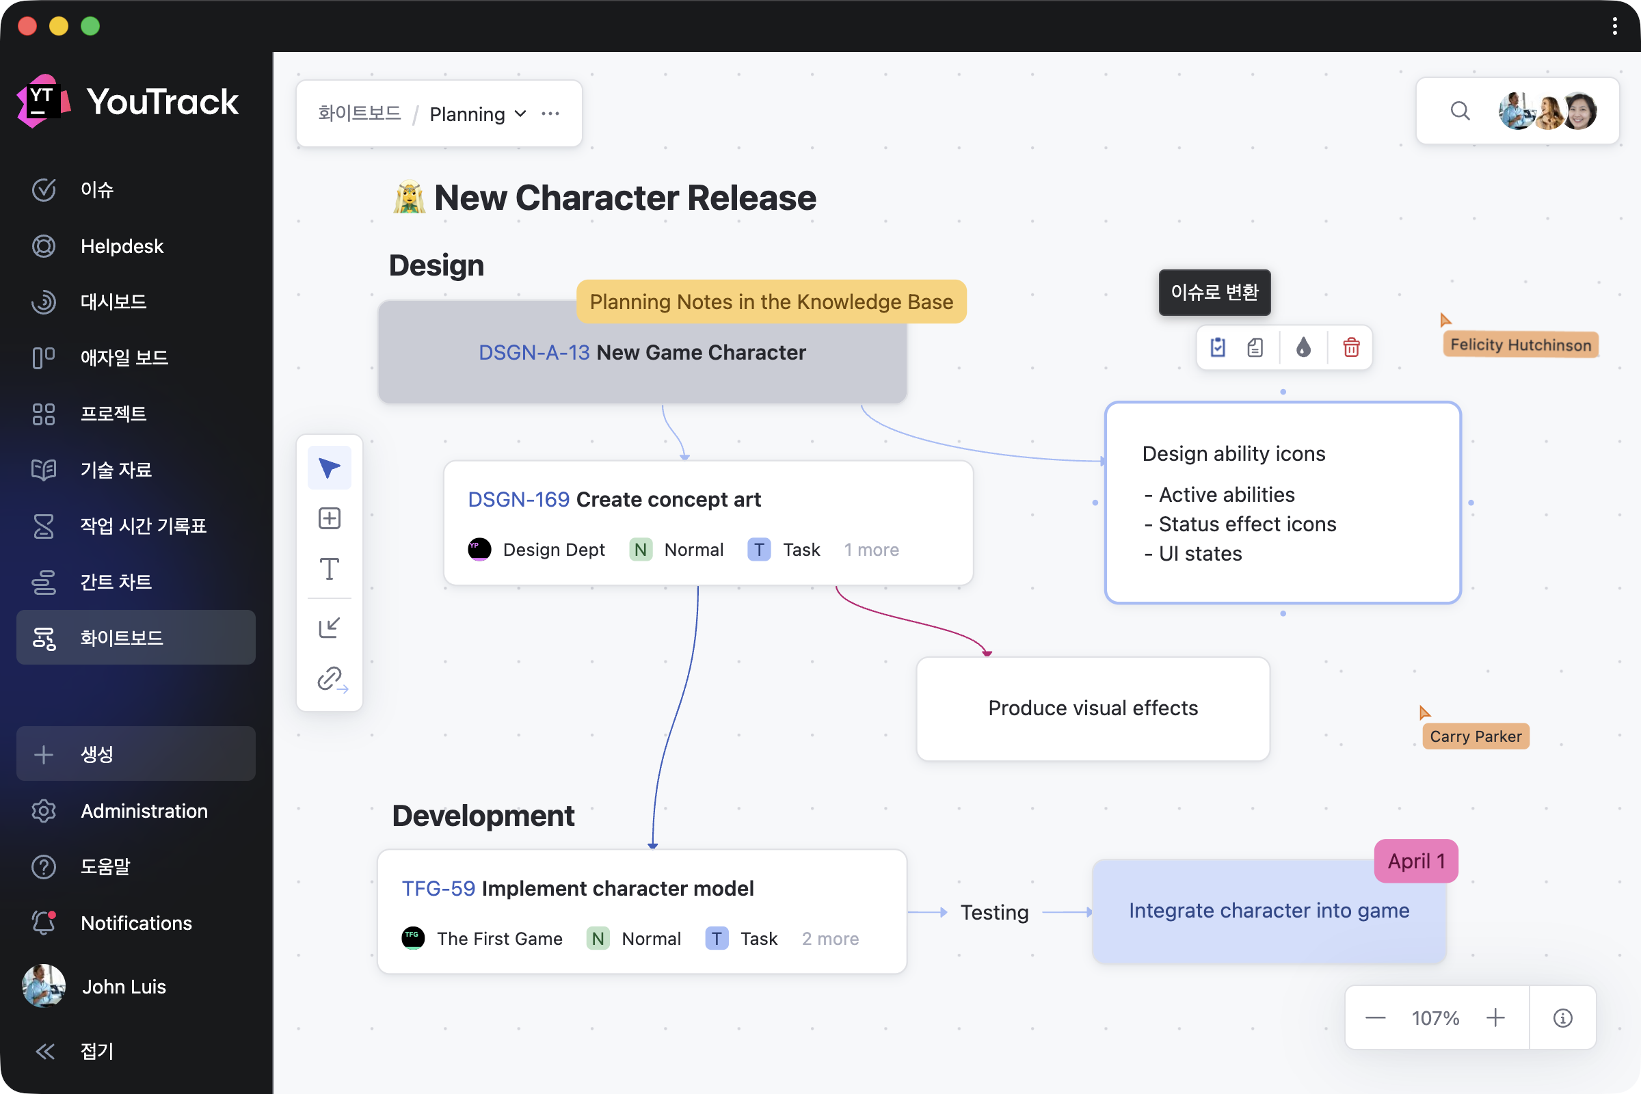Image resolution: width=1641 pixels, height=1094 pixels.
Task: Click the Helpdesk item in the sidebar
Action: click(x=122, y=245)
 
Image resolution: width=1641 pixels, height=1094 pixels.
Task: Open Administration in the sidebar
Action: click(x=144, y=811)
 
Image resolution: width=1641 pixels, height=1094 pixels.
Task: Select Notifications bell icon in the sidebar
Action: click(x=44, y=922)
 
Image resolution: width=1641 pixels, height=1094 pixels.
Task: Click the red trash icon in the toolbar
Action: click(x=1352, y=347)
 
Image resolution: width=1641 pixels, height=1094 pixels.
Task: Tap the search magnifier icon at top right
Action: click(x=1460, y=111)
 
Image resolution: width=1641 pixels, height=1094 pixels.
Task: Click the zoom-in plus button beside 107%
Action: click(x=1495, y=1017)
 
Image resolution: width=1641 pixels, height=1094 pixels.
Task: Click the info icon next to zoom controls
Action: click(x=1563, y=1018)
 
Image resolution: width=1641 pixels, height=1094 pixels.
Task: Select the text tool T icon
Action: click(x=330, y=570)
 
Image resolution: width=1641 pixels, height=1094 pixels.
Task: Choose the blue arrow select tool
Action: click(x=330, y=468)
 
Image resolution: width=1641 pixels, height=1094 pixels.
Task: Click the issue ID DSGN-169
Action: click(x=518, y=500)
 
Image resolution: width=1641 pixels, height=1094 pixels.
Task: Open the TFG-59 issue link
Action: click(x=438, y=888)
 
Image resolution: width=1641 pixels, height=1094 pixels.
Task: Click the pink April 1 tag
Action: click(x=1415, y=861)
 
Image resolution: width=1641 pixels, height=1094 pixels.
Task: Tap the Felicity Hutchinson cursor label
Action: click(x=1520, y=345)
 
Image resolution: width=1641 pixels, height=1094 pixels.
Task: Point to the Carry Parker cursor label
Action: click(x=1476, y=736)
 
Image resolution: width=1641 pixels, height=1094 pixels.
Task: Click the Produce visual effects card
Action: click(x=1093, y=708)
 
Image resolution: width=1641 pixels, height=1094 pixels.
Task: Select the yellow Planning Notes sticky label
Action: click(x=771, y=302)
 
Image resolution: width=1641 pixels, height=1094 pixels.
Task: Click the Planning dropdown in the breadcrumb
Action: click(x=478, y=114)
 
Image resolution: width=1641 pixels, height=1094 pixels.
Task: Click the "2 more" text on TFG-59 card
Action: click(x=830, y=938)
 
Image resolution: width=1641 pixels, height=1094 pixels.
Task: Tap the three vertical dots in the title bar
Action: click(x=1614, y=27)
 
